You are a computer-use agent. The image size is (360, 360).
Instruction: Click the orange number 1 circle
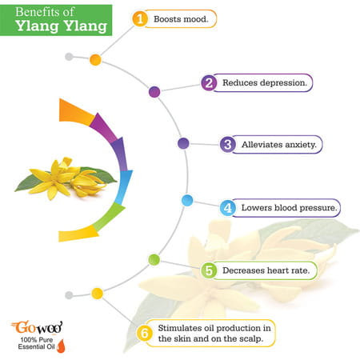(141, 18)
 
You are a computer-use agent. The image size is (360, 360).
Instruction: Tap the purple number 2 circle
(208, 82)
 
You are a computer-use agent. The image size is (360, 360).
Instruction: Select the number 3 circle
(228, 145)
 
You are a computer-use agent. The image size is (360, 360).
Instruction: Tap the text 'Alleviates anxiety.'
(275, 145)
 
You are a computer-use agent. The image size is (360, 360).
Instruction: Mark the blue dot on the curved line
(188, 201)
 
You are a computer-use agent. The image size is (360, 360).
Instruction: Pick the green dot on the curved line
(154, 259)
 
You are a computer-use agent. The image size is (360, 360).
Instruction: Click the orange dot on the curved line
(95, 59)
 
